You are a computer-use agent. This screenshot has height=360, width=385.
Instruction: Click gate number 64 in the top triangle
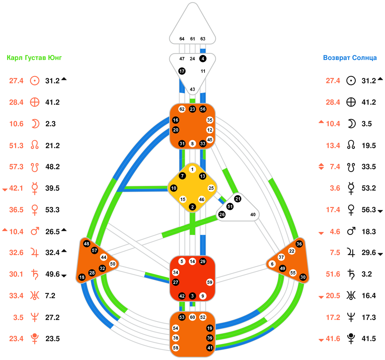pyautogui.click(x=182, y=39)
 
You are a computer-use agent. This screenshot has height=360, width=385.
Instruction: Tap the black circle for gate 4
pyautogui.click(x=203, y=59)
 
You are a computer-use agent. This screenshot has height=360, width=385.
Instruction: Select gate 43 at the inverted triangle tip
pyautogui.click(x=193, y=89)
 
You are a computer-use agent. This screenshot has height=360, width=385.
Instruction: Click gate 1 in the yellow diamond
pyautogui.click(x=192, y=169)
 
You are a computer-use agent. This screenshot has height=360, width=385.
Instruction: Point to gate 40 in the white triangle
pyautogui.click(x=253, y=214)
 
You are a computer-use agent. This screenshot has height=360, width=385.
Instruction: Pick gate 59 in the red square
pyautogui.click(x=210, y=282)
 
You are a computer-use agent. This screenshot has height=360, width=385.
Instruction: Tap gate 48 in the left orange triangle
pyautogui.click(x=86, y=244)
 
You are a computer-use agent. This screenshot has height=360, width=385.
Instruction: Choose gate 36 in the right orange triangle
pyautogui.click(x=299, y=244)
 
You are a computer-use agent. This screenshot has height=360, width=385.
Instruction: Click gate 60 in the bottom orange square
pyautogui.click(x=193, y=317)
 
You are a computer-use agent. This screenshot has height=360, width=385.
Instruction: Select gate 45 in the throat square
pyautogui.click(x=210, y=140)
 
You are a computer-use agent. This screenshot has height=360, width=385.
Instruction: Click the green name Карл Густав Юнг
pyautogui.click(x=34, y=58)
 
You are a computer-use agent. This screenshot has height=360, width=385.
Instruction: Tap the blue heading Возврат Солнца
pyautogui.click(x=350, y=58)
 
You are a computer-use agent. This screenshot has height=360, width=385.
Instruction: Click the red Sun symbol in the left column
pyautogui.click(x=35, y=81)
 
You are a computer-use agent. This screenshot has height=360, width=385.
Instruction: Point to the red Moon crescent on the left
pyautogui.click(x=35, y=124)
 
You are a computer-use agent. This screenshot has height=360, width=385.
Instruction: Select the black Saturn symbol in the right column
pyautogui.click(x=351, y=274)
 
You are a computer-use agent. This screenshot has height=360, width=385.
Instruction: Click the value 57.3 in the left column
pyautogui.click(x=16, y=167)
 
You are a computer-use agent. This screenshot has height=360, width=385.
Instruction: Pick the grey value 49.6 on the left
pyautogui.click(x=53, y=274)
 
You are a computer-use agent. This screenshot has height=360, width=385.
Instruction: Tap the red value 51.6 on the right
pyautogui.click(x=333, y=274)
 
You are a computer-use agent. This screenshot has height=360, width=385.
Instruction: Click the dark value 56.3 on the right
pyautogui.click(x=369, y=210)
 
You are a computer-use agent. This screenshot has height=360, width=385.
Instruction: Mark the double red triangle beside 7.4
pyautogui.click(x=321, y=167)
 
